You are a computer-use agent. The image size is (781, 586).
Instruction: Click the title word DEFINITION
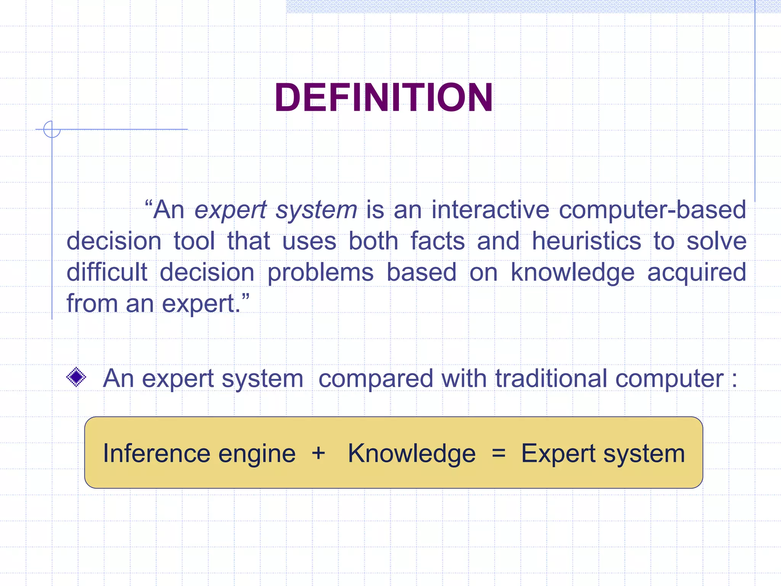point(384,98)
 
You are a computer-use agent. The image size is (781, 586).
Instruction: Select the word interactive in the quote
point(490,210)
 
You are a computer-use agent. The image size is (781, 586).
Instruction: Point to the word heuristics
point(587,241)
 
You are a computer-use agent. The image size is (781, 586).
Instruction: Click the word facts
point(437,241)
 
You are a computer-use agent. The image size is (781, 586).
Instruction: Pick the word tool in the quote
point(194,241)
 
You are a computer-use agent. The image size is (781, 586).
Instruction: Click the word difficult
point(107,272)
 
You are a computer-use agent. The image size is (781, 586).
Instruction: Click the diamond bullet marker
point(76,377)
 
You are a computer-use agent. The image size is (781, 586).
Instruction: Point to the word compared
point(375,379)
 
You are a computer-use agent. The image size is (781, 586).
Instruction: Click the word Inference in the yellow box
point(156,453)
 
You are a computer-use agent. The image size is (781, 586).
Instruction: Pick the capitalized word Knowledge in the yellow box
point(411,454)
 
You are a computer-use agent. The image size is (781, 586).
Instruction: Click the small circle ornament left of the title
point(52,129)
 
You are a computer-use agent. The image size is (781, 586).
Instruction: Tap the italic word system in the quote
point(317,211)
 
